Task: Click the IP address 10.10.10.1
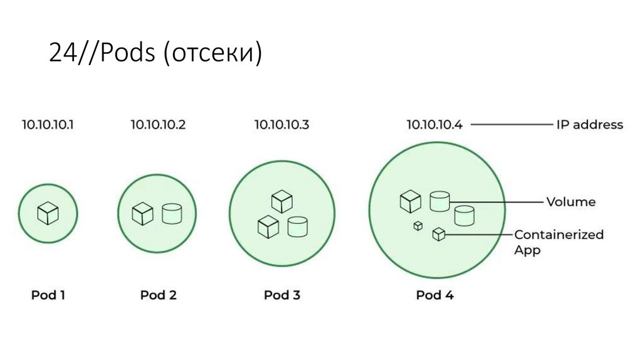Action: [x=48, y=124]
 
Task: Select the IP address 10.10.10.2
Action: [x=158, y=124]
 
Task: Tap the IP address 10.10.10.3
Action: [x=282, y=124]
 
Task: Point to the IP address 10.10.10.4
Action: [x=434, y=124]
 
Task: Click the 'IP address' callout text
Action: [x=589, y=124]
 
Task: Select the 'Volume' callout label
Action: [x=571, y=202]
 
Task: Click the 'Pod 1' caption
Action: [x=48, y=295]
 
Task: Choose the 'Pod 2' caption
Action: [x=158, y=295]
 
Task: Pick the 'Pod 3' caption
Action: [x=282, y=295]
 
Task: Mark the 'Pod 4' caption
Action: [x=434, y=295]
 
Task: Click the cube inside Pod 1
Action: [x=48, y=213]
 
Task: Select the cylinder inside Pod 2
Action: [x=172, y=214]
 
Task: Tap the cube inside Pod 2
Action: [x=142, y=214]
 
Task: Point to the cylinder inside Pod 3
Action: [x=297, y=226]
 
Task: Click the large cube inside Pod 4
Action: [x=410, y=201]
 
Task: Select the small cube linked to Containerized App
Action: [x=439, y=235]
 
